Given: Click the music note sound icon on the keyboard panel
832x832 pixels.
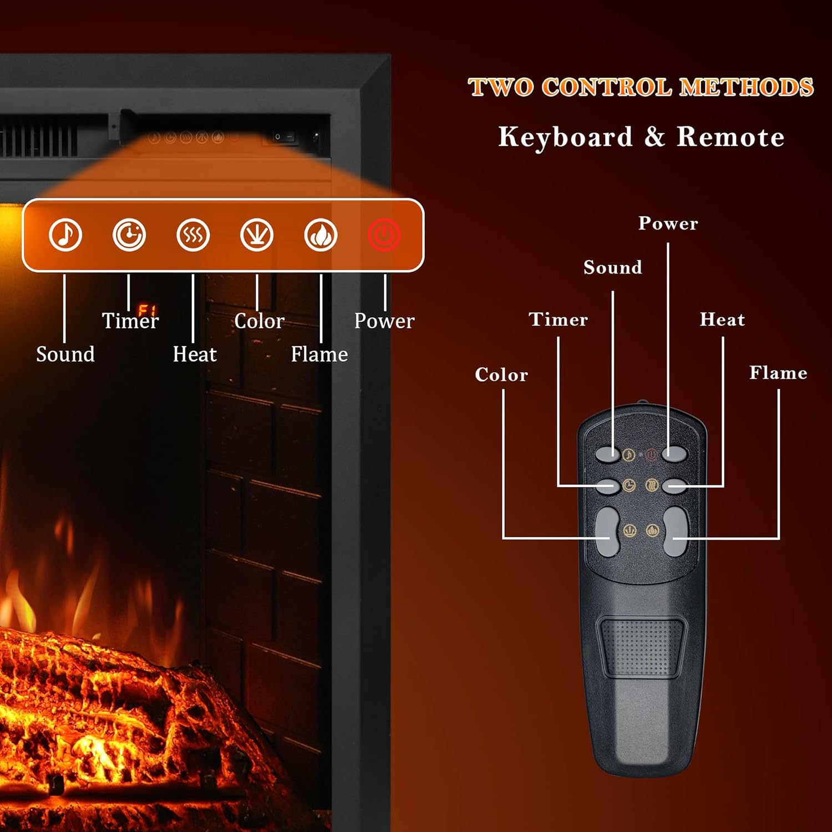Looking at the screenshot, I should [65, 235].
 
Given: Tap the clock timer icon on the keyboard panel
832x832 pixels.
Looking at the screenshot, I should [129, 235].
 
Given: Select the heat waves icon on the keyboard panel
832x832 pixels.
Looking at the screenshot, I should [193, 235].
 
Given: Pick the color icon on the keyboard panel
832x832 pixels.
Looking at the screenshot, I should [257, 235].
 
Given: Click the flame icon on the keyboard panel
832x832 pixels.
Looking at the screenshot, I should [321, 235].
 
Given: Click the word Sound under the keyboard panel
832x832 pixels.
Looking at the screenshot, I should [65, 354].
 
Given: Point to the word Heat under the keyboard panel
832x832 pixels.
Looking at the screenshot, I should [194, 354].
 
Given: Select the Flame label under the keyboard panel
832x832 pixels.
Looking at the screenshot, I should [319, 354].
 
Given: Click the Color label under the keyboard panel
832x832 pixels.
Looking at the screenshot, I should [259, 321].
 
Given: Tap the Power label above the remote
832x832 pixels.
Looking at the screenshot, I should [668, 223].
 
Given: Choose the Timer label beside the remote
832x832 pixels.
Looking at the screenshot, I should [558, 319].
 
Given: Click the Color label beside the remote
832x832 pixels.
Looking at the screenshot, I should [501, 375].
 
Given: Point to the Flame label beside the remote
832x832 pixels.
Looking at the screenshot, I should [778, 373].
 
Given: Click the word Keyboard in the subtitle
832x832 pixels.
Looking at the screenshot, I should [565, 137].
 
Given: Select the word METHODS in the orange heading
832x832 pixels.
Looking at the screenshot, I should [747, 87].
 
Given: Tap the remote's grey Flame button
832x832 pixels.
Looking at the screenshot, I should [676, 531].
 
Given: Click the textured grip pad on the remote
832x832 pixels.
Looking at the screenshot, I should [642, 647].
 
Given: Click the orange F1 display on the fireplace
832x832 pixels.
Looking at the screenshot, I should [146, 310].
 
